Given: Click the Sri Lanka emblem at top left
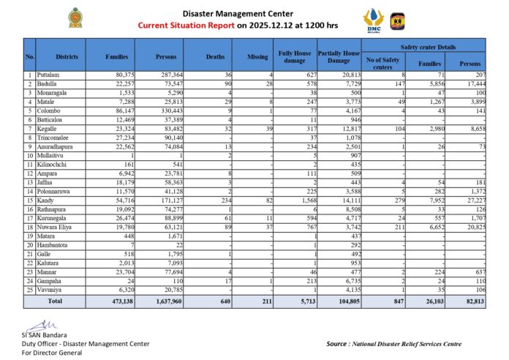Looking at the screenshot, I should tap(75, 18).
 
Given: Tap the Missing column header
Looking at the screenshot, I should tap(252, 56).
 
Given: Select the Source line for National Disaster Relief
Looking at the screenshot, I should tap(393, 343).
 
